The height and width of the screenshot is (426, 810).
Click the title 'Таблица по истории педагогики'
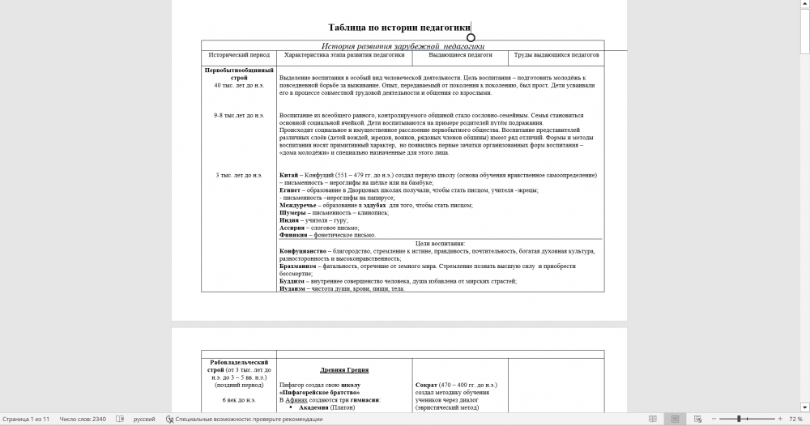click(399, 28)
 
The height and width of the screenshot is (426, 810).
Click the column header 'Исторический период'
click(239, 56)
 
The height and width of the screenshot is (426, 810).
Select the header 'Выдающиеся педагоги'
click(460, 56)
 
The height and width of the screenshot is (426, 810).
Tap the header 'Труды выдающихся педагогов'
click(556, 56)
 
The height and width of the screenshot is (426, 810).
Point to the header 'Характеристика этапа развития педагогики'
click(344, 56)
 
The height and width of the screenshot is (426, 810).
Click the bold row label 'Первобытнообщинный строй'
click(239, 75)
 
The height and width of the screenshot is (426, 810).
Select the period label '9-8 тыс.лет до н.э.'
click(239, 116)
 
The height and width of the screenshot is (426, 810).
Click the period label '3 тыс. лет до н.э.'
click(239, 175)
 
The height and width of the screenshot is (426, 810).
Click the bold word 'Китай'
click(288, 175)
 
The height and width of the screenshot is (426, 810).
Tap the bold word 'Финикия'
click(292, 236)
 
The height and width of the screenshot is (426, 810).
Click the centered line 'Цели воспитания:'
click(440, 244)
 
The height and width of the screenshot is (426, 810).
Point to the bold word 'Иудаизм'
click(292, 289)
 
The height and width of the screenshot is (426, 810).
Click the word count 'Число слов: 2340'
click(83, 420)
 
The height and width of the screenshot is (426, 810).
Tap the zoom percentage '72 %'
click(795, 420)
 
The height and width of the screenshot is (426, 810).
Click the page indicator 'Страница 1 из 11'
click(27, 420)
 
